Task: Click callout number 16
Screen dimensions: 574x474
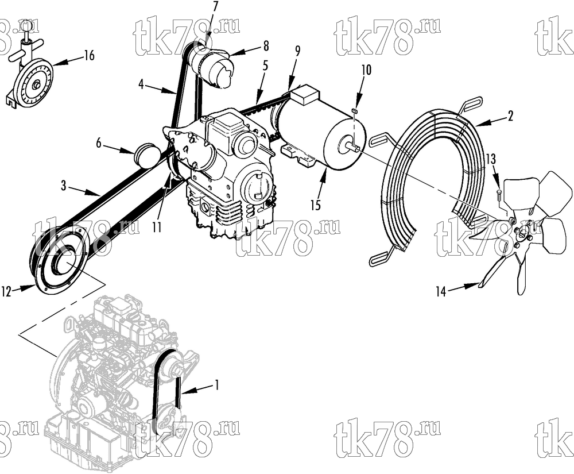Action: point(89,55)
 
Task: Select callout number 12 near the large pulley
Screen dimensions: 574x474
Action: point(6,292)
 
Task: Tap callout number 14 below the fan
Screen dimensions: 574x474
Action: point(441,291)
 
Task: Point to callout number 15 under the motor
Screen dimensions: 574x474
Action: point(315,205)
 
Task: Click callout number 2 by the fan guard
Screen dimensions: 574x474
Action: point(510,116)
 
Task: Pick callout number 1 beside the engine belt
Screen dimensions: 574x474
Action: point(217,385)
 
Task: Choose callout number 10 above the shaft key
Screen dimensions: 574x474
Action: point(366,70)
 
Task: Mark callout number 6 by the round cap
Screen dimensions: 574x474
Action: point(99,143)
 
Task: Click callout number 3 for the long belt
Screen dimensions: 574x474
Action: point(64,186)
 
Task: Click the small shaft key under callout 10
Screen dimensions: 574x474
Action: point(354,110)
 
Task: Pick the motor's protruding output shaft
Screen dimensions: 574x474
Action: point(352,147)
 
